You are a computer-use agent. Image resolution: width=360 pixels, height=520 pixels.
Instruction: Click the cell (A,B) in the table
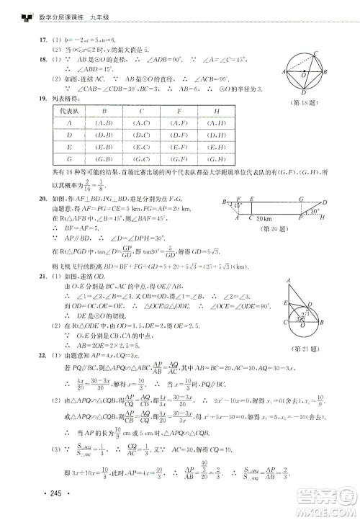[105, 123]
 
